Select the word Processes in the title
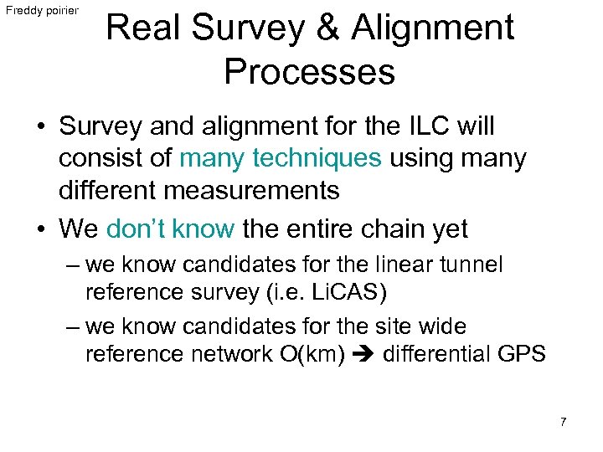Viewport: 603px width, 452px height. coord(309,72)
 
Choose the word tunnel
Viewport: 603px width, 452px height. coord(472,265)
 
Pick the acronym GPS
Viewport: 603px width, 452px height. coord(521,355)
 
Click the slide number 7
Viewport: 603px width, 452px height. coord(563,422)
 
